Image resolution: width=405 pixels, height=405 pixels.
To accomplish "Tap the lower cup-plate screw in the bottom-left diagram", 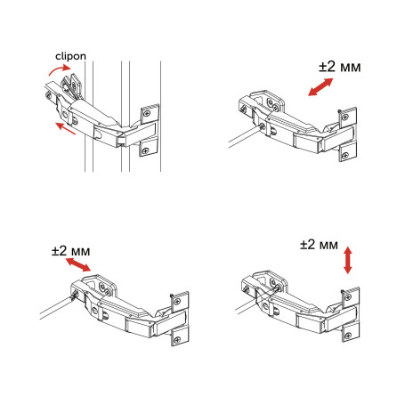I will click(177, 337).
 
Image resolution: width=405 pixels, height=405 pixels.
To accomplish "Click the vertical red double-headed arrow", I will click(346, 260).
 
